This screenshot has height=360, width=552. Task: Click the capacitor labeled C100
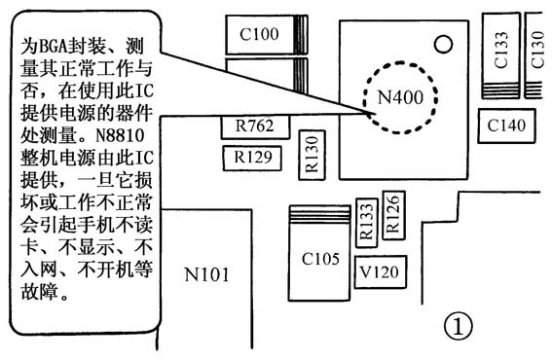click(258, 36)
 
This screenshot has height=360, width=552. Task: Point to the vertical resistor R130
click(311, 154)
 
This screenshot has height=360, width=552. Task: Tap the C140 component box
click(506, 125)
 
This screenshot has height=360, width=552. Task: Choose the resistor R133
click(366, 225)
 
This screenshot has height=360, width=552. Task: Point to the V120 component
click(379, 271)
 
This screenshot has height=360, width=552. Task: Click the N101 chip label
click(208, 274)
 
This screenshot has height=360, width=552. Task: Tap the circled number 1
click(458, 326)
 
